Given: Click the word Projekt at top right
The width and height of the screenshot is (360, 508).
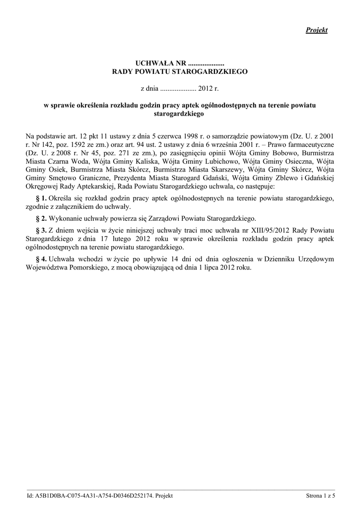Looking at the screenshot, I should pos(316,31).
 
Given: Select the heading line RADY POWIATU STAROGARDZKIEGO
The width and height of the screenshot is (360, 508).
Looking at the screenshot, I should pos(179,72).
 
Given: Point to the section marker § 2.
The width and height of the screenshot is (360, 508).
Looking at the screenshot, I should pos(41,218).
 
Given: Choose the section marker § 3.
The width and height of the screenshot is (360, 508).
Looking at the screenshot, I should pos(41,230).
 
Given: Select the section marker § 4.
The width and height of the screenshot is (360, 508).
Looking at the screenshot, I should pos(41,259).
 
